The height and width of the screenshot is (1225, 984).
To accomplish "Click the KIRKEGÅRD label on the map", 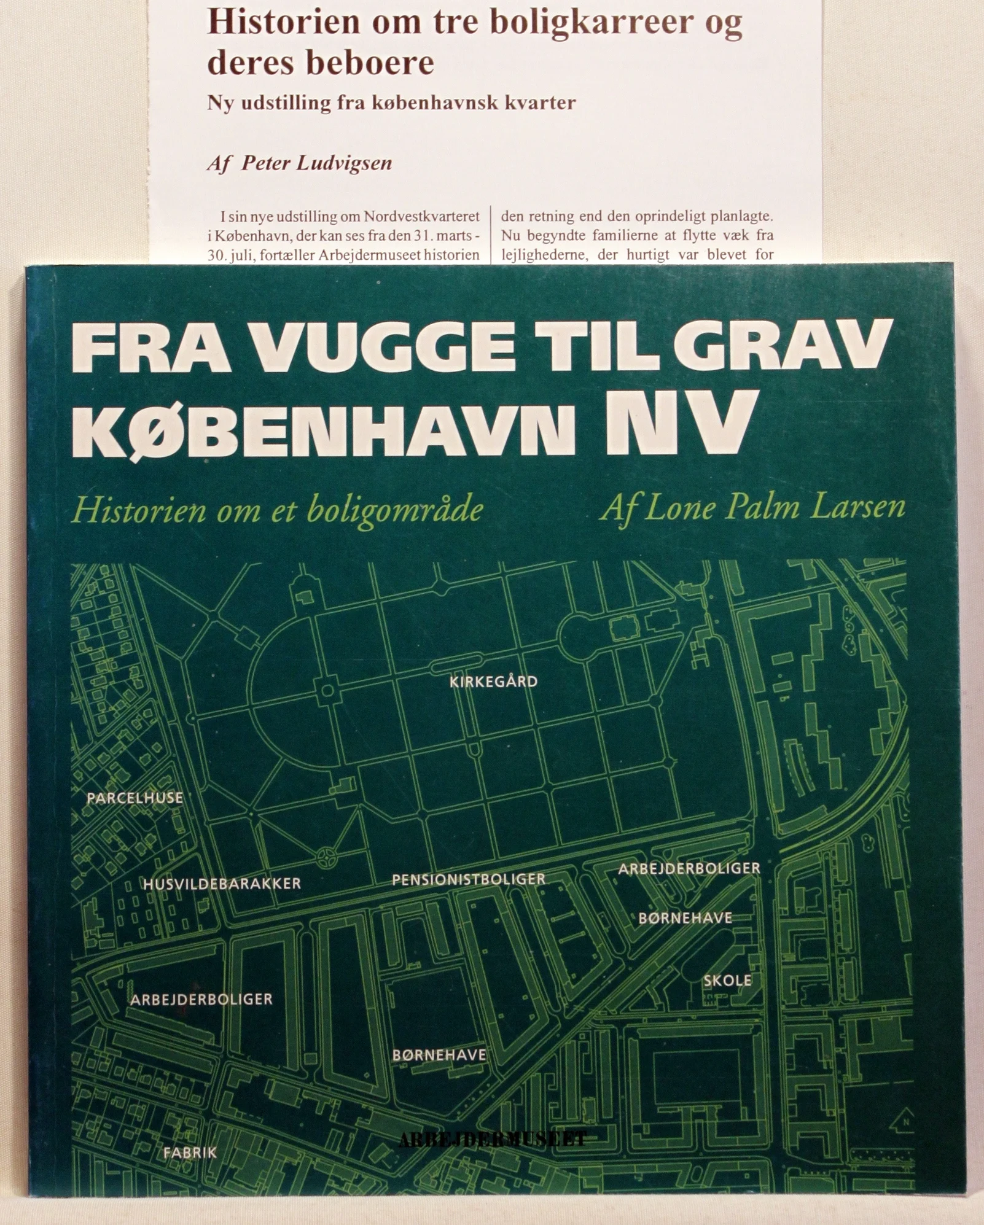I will (x=493, y=682).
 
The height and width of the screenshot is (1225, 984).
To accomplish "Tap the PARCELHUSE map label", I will (x=135, y=798).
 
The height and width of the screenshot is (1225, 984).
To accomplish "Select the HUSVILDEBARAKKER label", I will (x=222, y=884).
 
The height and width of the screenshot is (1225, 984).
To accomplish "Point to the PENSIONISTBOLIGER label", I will (x=469, y=879).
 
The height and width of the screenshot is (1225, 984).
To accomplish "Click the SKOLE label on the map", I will (x=727, y=981).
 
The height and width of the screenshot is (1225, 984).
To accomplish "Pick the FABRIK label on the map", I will (x=190, y=1153).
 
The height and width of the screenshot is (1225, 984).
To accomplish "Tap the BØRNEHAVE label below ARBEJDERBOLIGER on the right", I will (x=685, y=918).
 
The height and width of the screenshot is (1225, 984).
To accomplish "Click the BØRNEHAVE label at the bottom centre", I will (x=439, y=1055).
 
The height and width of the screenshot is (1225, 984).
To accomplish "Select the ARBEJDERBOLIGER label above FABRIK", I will (x=201, y=999).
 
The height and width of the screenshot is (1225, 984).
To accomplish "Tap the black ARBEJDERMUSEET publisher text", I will (x=493, y=1140).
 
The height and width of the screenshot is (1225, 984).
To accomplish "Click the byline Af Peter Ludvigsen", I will (x=299, y=163).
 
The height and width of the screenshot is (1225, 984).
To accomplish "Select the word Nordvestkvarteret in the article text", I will (x=422, y=216).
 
